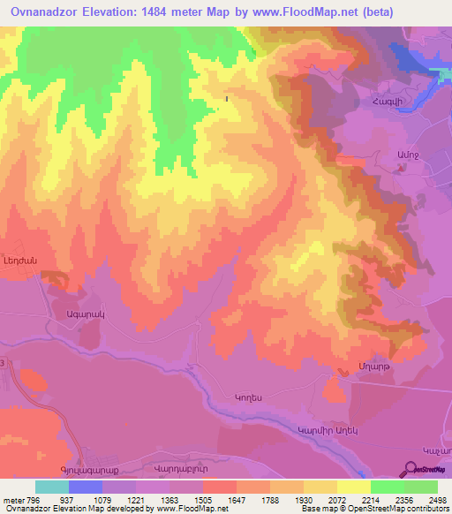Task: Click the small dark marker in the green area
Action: coord(229,99)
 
